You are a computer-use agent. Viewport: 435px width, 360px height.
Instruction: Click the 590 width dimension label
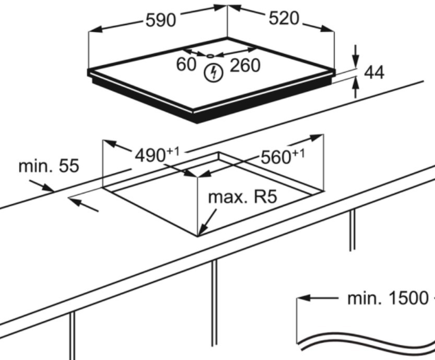click(161, 20)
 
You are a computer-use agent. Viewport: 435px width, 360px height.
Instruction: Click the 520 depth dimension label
click(284, 19)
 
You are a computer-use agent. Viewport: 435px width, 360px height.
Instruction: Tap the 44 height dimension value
click(374, 73)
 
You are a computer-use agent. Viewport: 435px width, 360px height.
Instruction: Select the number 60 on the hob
click(186, 64)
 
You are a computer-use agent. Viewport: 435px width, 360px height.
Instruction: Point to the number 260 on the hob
click(245, 65)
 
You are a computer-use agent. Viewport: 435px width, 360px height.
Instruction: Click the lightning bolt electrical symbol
click(214, 73)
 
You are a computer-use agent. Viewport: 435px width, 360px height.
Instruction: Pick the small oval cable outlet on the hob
click(210, 56)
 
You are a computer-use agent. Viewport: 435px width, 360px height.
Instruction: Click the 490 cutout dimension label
click(150, 155)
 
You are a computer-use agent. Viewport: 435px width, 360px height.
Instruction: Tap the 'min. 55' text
click(49, 166)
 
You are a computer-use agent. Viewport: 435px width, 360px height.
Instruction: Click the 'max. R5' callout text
click(242, 197)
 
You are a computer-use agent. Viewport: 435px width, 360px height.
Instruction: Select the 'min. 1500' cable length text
click(387, 298)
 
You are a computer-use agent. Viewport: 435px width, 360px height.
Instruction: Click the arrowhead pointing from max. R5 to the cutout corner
click(203, 230)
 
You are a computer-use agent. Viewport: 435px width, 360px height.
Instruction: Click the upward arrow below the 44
click(356, 87)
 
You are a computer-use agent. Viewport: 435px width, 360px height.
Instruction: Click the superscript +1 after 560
click(298, 154)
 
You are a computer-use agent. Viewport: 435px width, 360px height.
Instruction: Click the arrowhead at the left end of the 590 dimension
click(95, 29)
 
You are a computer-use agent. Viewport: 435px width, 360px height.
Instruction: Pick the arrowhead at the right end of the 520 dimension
click(327, 29)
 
